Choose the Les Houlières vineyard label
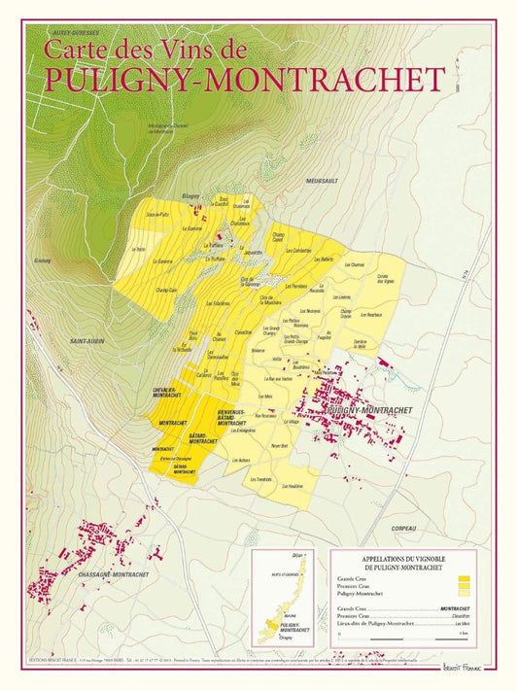293,485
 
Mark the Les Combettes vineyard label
296,251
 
